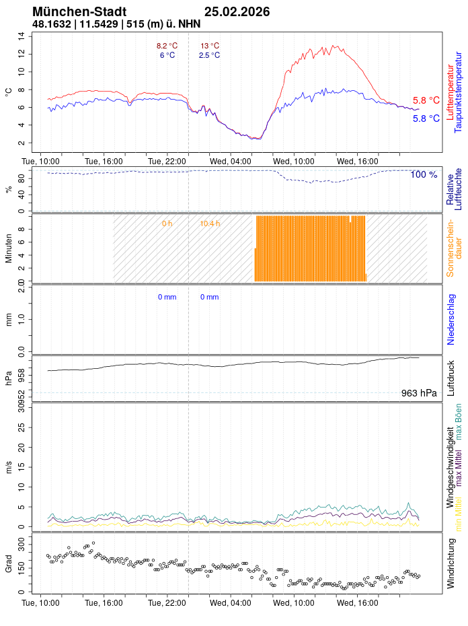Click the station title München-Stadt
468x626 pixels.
[x=79, y=12]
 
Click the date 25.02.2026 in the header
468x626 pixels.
[x=237, y=12]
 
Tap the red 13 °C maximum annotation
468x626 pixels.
[x=210, y=46]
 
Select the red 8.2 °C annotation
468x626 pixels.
[x=167, y=46]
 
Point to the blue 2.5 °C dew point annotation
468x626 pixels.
[x=209, y=55]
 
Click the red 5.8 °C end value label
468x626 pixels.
[x=426, y=100]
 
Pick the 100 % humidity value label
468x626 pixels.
[x=424, y=175]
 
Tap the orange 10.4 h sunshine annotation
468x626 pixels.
[x=210, y=223]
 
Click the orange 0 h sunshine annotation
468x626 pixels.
[x=167, y=223]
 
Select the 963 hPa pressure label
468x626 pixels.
[x=419, y=393]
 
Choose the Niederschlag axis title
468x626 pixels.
[x=451, y=320]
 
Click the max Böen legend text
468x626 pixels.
[x=459, y=422]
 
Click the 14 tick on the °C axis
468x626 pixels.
[x=22, y=36]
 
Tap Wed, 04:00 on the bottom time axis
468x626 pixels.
[x=231, y=603]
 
